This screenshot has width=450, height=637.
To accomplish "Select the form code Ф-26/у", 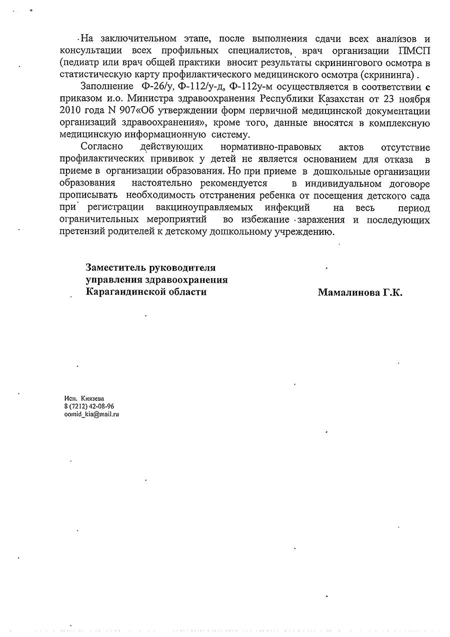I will pyautogui.click(x=157, y=87).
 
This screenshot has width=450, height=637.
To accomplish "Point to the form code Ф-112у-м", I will pyautogui.click(x=251, y=87).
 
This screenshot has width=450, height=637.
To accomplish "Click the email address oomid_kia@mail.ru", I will pyautogui.click(x=88, y=414).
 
